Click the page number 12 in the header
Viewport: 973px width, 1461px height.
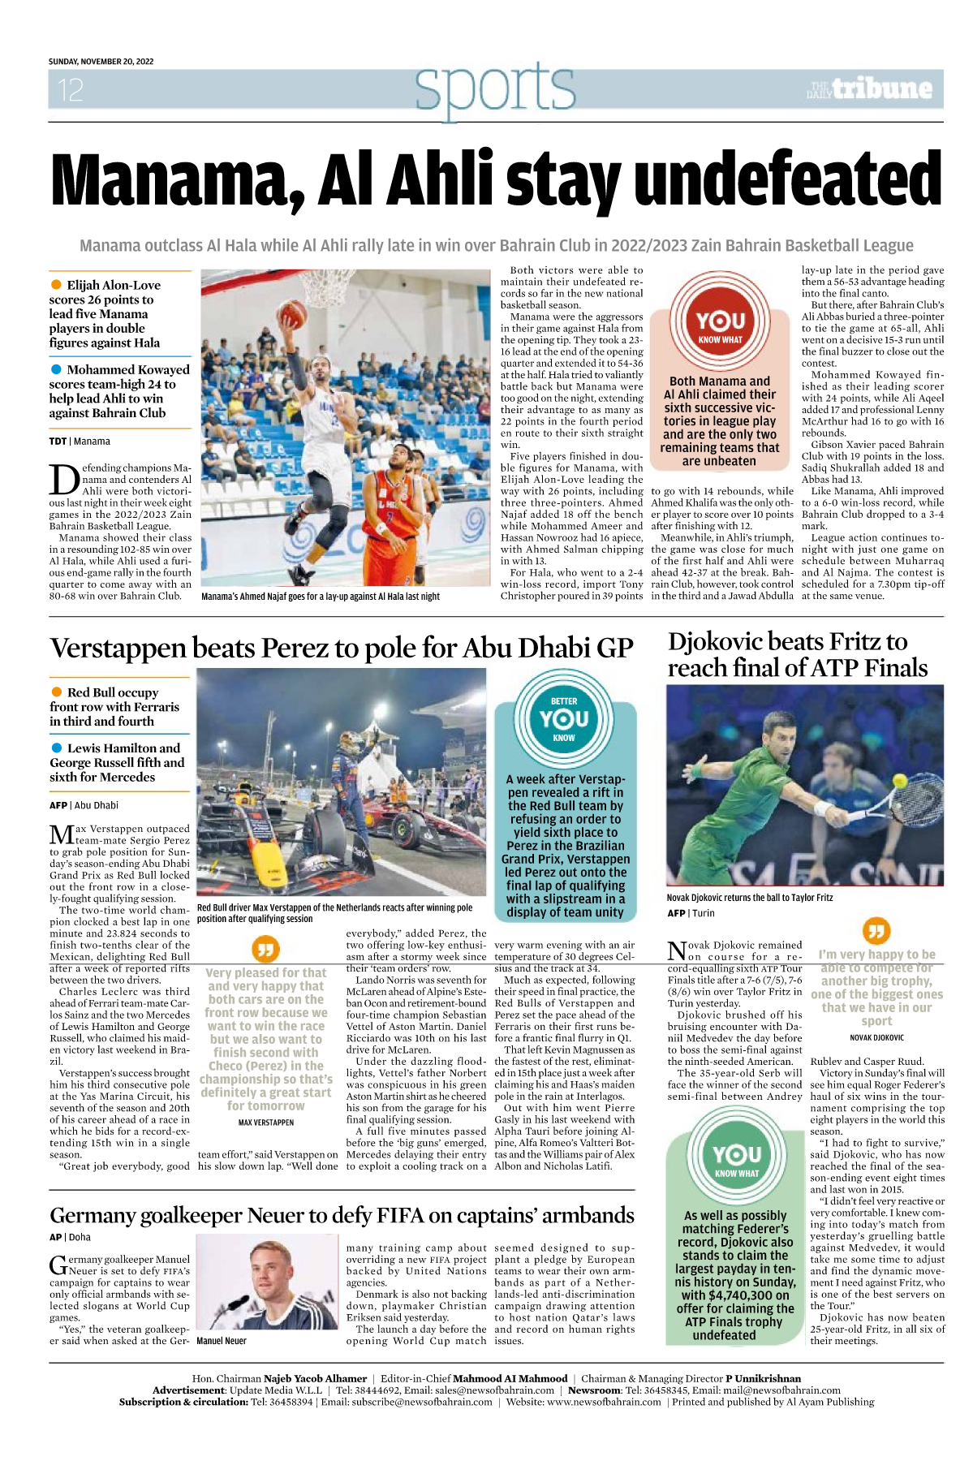[71, 89]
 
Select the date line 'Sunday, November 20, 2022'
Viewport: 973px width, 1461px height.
[101, 62]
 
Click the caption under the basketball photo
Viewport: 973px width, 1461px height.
[321, 597]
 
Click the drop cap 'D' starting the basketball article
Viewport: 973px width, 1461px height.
[63, 479]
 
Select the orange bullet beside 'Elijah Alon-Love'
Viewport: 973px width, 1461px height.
[56, 285]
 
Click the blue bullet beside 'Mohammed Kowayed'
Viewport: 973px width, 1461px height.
[56, 369]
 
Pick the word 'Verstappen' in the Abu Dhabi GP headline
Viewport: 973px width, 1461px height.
[119, 649]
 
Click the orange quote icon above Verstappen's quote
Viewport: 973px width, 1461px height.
[266, 948]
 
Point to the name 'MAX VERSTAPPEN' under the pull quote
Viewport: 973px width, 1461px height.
[266, 1123]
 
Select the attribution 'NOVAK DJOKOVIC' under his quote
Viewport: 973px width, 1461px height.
[876, 1037]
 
